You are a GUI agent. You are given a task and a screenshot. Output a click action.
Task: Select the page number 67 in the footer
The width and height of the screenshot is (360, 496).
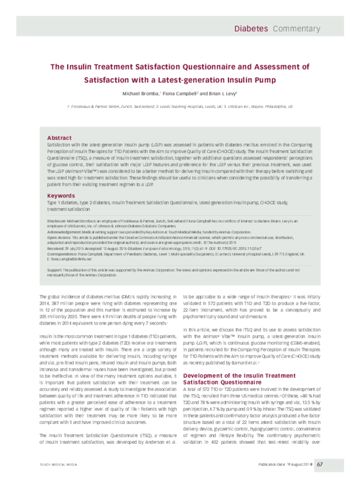(321, 480)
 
